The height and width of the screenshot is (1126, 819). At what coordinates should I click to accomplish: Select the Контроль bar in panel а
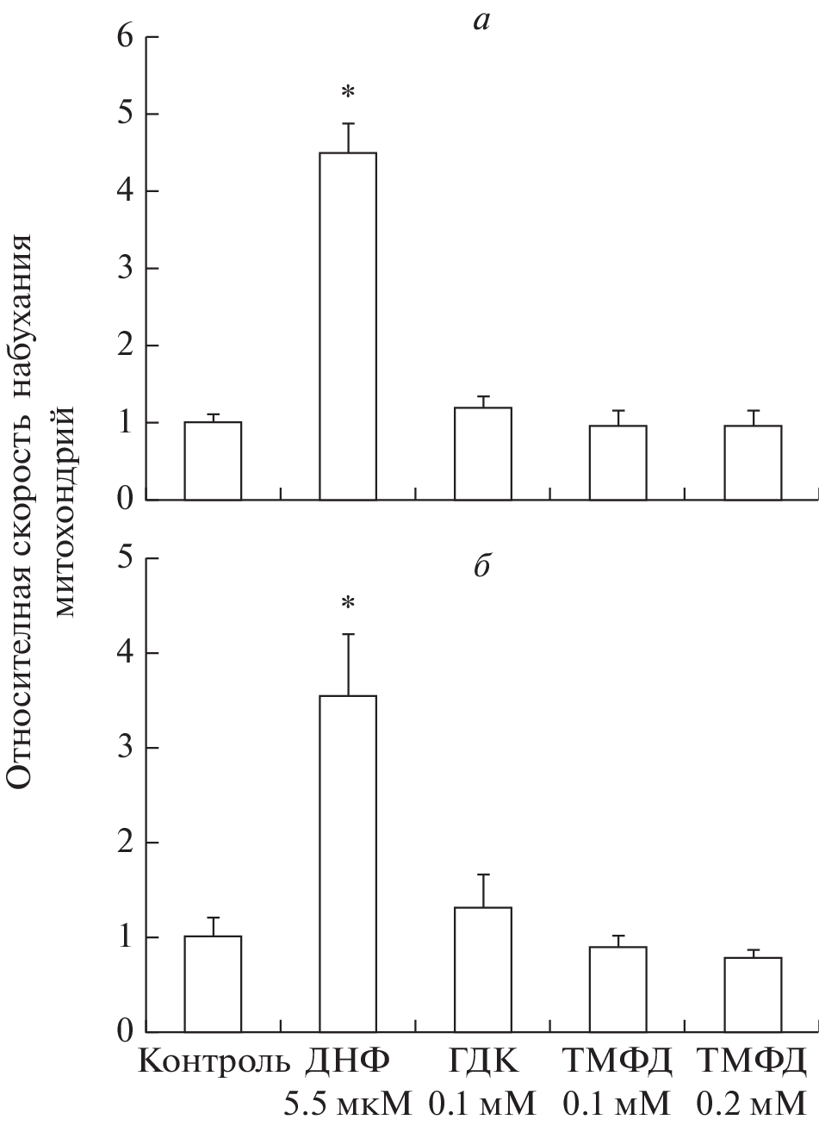tap(212, 461)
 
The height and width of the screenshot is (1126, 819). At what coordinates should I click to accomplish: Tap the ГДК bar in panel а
tap(483, 453)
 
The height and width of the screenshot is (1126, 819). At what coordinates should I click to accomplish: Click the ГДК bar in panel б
tap(483, 969)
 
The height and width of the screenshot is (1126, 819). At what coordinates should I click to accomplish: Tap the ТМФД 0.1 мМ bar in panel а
tap(618, 463)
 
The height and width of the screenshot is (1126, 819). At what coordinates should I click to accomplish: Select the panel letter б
tap(481, 568)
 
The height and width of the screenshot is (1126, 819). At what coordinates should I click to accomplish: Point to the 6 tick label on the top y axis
tap(127, 38)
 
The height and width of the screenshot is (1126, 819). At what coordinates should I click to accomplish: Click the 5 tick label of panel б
tap(127, 559)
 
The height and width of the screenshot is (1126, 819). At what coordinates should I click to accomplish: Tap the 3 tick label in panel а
tap(127, 269)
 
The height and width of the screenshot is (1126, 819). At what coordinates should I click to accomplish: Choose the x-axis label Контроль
tap(214, 1061)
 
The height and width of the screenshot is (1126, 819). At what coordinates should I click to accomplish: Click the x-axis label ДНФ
tap(348, 1061)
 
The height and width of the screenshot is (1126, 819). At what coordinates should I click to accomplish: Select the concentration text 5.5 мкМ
tap(348, 1103)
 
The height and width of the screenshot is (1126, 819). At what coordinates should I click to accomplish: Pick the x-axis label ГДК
tap(483, 1061)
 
